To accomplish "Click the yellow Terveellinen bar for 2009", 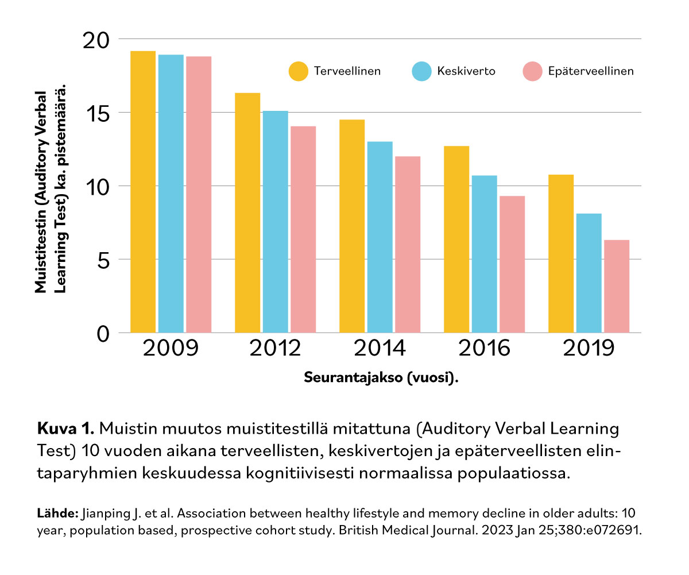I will pyautogui.click(x=143, y=192).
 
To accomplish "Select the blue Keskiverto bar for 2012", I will pyautogui.click(x=276, y=222).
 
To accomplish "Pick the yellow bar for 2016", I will pyautogui.click(x=456, y=240).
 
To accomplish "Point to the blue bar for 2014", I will pyautogui.click(x=380, y=237).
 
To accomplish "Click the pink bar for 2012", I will pyautogui.click(x=304, y=229).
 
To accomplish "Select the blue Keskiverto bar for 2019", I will pyautogui.click(x=589, y=273).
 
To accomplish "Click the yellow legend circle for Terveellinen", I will pyautogui.click(x=298, y=72).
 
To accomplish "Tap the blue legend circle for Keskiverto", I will pyautogui.click(x=421, y=72).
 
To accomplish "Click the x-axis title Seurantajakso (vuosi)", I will pyautogui.click(x=382, y=378).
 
